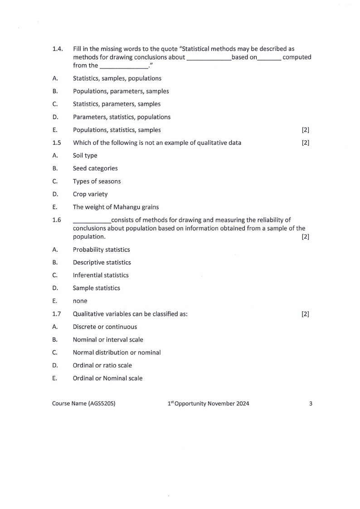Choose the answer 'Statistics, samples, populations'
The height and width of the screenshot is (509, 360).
tap(117, 78)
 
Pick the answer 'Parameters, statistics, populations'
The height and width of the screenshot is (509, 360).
tap(122, 117)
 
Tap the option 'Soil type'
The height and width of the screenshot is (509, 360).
tap(85, 156)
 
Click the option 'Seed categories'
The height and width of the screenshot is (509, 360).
tap(95, 168)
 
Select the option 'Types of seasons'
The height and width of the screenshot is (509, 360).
tap(97, 181)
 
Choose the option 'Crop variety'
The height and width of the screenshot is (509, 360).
tap(90, 194)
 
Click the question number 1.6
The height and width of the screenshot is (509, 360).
tap(57, 220)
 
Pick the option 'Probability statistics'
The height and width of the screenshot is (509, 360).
tap(101, 250)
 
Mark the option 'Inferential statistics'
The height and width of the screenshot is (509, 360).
tap(101, 275)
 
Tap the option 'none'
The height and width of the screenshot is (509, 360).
tap(80, 301)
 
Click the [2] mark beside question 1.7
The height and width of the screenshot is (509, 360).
tap(305, 314)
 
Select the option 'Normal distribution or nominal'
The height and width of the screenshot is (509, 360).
tap(117, 352)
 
